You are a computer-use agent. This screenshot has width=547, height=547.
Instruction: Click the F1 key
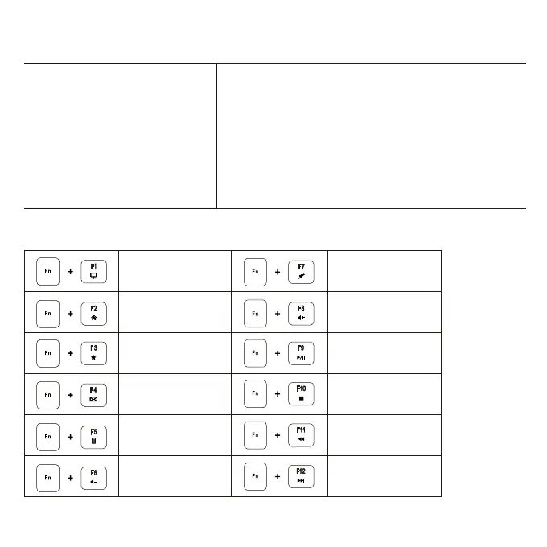click(x=94, y=271)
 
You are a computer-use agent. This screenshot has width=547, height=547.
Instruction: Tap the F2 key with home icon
click(x=94, y=312)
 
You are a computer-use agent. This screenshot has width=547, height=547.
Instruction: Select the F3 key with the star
click(x=94, y=353)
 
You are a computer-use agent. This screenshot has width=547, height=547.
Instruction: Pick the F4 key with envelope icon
click(x=94, y=394)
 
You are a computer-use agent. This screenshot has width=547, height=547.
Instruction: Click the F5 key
click(x=94, y=435)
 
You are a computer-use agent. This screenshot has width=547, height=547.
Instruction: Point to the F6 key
click(x=94, y=476)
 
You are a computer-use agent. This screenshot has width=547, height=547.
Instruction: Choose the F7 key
click(x=301, y=271)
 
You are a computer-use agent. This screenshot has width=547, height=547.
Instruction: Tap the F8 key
click(x=301, y=312)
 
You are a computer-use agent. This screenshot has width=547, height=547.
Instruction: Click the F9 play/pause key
click(x=301, y=353)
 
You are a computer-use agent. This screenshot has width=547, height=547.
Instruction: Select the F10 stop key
click(x=301, y=394)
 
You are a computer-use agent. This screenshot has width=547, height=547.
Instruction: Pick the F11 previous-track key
click(x=301, y=435)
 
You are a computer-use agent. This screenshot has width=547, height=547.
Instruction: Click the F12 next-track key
click(x=301, y=476)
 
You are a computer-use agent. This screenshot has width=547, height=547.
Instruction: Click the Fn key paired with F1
click(x=47, y=271)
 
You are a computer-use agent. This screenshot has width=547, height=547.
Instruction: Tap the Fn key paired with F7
click(x=255, y=271)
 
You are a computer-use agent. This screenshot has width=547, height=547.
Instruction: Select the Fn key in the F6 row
click(x=47, y=476)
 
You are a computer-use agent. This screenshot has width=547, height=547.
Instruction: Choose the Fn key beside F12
click(x=255, y=476)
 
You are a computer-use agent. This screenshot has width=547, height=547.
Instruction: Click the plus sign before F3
click(x=71, y=354)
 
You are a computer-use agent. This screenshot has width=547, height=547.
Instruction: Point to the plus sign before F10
click(x=278, y=395)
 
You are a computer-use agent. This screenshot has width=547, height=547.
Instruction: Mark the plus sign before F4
click(x=71, y=395)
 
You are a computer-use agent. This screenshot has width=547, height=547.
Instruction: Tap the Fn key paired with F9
click(x=255, y=353)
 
